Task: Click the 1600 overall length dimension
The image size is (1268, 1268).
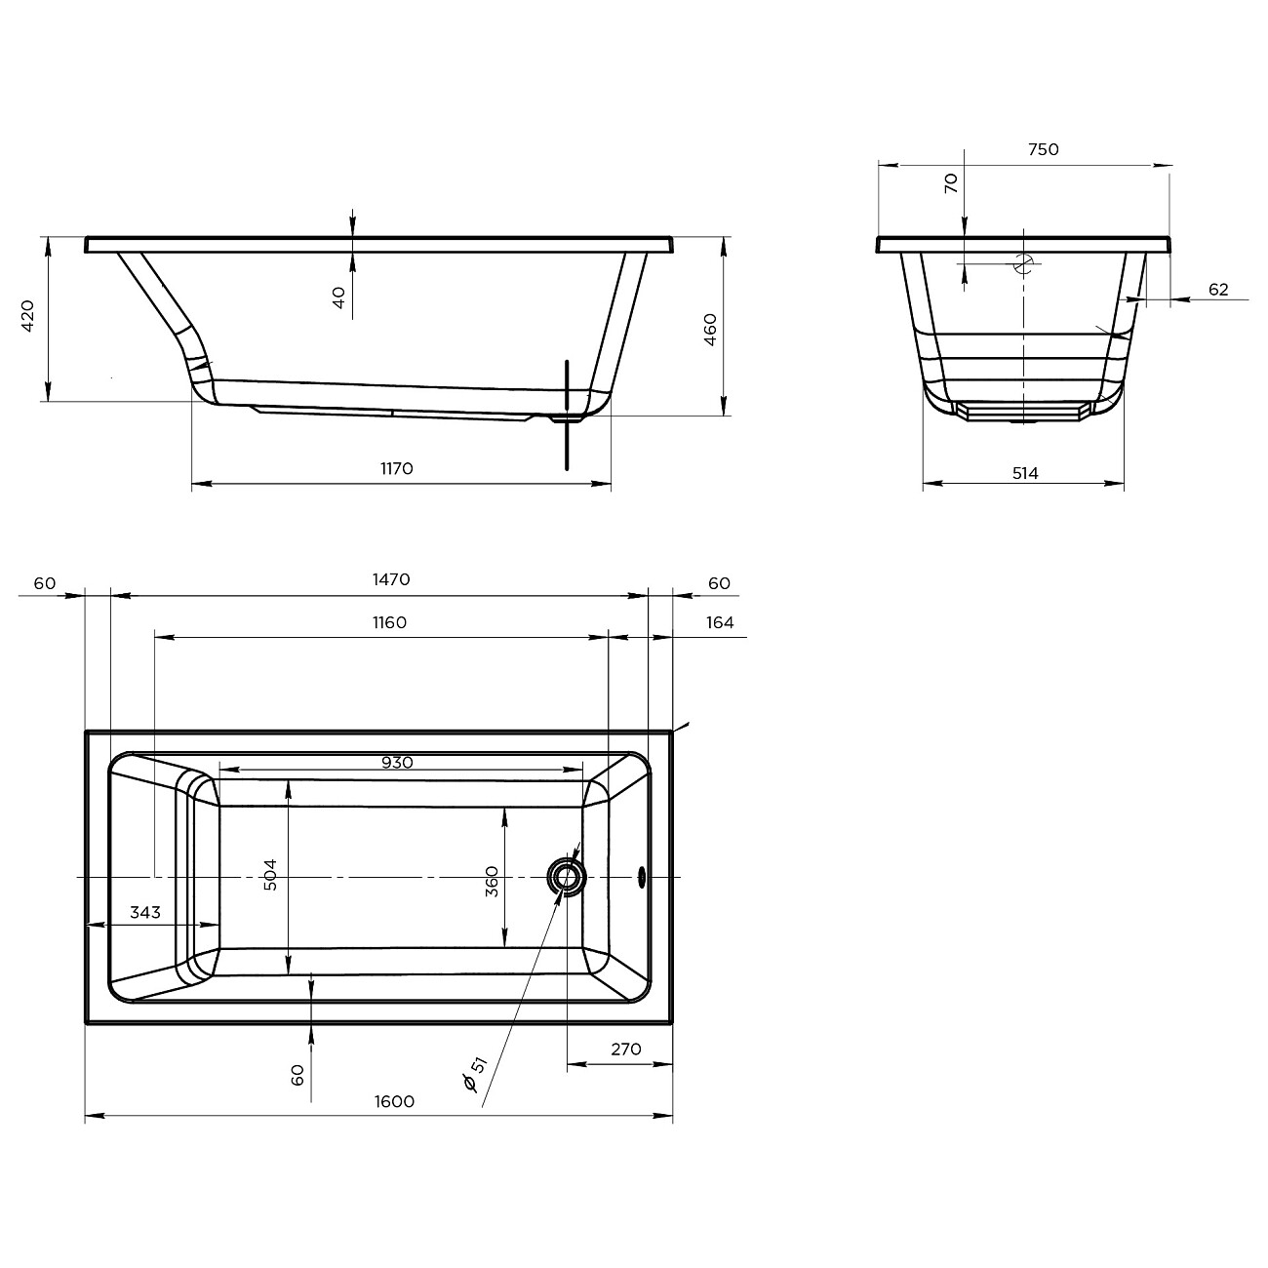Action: point(394,1101)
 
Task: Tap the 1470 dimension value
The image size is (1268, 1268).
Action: point(391,579)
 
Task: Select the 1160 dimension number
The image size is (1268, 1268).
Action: point(389,622)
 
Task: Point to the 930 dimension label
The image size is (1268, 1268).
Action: point(397,763)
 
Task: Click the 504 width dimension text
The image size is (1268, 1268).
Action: point(270,875)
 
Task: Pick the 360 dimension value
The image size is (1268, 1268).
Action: point(492,882)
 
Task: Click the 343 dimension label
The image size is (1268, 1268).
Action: point(144,913)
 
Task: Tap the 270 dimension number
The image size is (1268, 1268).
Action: point(626,1049)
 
